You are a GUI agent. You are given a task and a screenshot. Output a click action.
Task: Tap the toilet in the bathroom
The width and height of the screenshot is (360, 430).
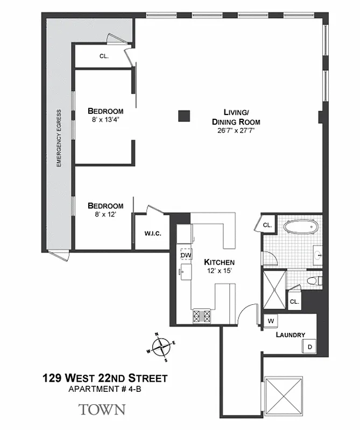(x=314, y=280)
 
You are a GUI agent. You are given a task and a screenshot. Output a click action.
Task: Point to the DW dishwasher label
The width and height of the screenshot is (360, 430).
(x=186, y=255)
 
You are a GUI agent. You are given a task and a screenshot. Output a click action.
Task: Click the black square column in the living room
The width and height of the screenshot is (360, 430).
(x=185, y=115)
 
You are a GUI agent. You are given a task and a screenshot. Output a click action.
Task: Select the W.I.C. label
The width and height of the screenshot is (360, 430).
(x=153, y=233)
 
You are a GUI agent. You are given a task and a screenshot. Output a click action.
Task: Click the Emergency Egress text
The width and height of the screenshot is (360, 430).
(x=59, y=138)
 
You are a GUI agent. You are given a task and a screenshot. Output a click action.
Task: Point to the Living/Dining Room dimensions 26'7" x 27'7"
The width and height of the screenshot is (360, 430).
(x=236, y=130)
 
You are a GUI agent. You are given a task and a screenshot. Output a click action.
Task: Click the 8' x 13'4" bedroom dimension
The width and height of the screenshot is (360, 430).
(x=105, y=120)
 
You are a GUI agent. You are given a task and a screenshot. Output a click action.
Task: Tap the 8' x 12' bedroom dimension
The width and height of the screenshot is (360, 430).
(x=105, y=214)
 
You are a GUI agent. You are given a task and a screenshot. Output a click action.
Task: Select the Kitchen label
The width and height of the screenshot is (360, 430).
(x=219, y=262)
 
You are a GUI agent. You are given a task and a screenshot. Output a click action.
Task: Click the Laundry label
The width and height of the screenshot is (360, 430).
(x=290, y=335)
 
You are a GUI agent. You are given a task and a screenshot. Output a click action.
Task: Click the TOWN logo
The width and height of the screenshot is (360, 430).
(x=102, y=410)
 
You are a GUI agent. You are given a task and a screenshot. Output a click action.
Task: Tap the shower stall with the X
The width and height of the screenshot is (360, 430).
(x=274, y=289)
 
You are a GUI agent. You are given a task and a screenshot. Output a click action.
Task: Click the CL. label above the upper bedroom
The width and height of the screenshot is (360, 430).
(x=104, y=55)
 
